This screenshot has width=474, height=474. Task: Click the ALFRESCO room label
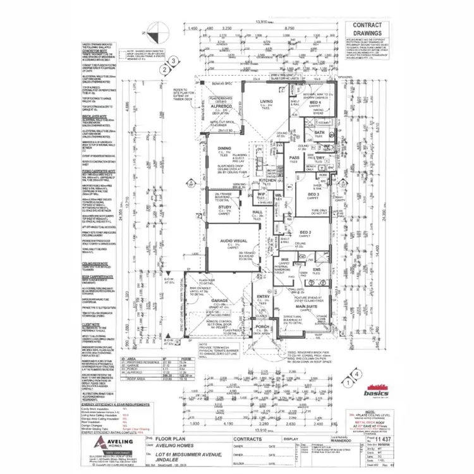223,107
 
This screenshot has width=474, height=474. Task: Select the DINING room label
224,148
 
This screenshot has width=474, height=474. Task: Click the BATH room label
320,133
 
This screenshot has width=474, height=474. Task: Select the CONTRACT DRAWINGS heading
366,30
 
